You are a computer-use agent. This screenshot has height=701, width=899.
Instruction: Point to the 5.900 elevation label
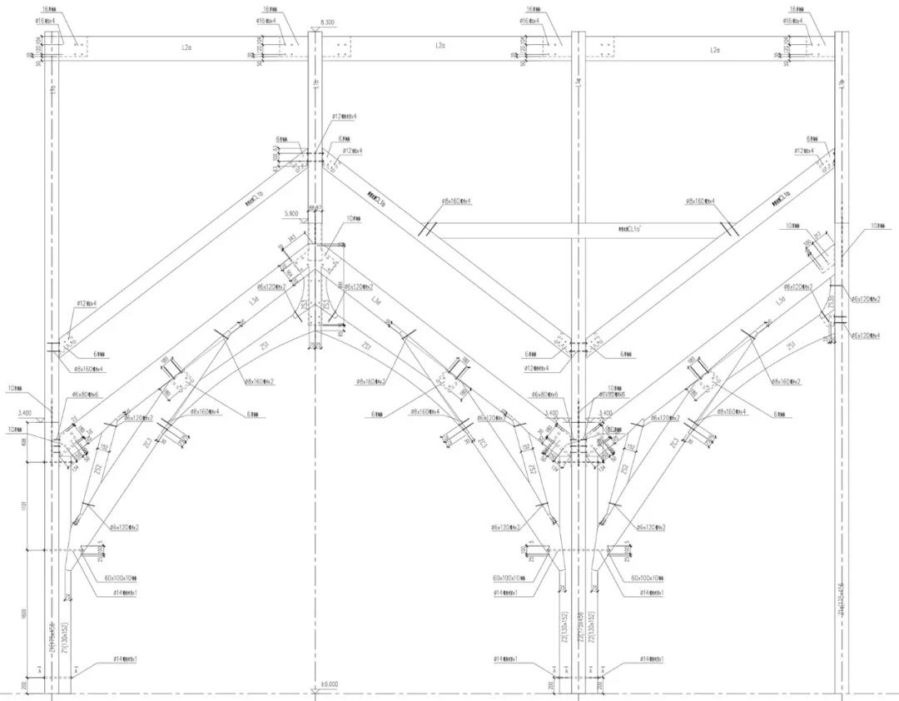click(291, 214)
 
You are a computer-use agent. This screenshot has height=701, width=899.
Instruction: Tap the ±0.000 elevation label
click(330, 684)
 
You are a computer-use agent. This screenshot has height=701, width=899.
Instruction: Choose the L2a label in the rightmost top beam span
click(714, 50)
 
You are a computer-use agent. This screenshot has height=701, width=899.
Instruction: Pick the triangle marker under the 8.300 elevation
click(317, 30)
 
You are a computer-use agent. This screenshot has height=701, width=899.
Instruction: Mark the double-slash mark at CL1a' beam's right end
click(730, 228)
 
